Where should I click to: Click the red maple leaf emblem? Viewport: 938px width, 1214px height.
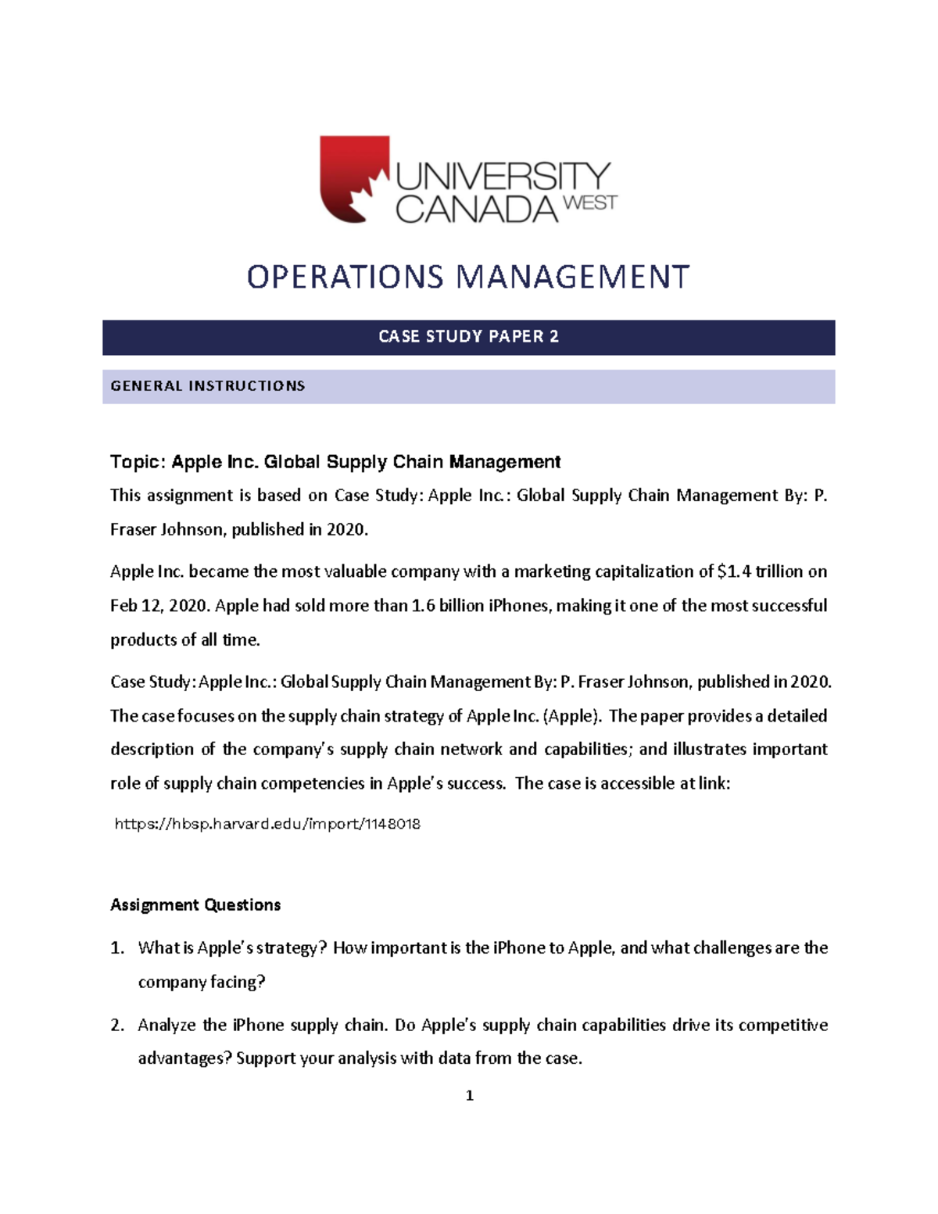point(354,179)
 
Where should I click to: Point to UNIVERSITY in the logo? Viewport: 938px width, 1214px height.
point(503,176)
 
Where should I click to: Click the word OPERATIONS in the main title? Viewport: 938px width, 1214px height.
point(345,277)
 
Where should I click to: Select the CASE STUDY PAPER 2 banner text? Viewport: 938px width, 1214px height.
point(468,337)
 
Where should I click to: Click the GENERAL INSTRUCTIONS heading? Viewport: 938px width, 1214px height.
point(207,386)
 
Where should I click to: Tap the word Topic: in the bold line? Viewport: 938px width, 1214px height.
point(138,462)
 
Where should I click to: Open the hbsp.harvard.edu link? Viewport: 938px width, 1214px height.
point(267,824)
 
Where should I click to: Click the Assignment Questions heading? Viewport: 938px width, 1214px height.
point(195,905)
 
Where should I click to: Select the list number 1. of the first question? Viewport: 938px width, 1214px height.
point(117,948)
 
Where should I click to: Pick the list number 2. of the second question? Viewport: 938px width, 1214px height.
point(117,1025)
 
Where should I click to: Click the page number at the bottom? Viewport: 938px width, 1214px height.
point(469,1096)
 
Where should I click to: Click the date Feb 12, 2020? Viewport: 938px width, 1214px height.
point(159,606)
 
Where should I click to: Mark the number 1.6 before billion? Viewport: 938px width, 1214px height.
point(423,606)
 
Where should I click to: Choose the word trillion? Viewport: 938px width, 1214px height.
point(779,571)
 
